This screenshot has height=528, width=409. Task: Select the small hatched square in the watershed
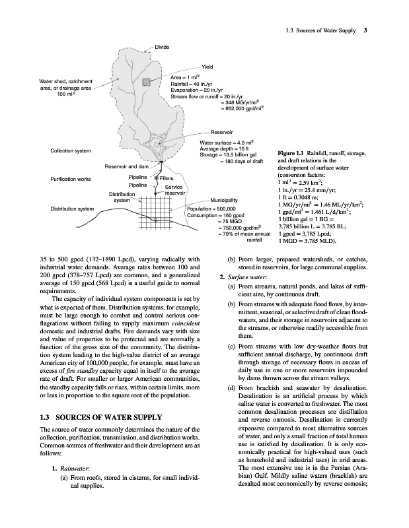tap(146, 82)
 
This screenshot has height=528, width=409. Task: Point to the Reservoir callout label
tap(223, 133)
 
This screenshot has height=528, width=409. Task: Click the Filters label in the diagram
tap(167, 178)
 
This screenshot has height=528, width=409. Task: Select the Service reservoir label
tap(174, 190)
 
